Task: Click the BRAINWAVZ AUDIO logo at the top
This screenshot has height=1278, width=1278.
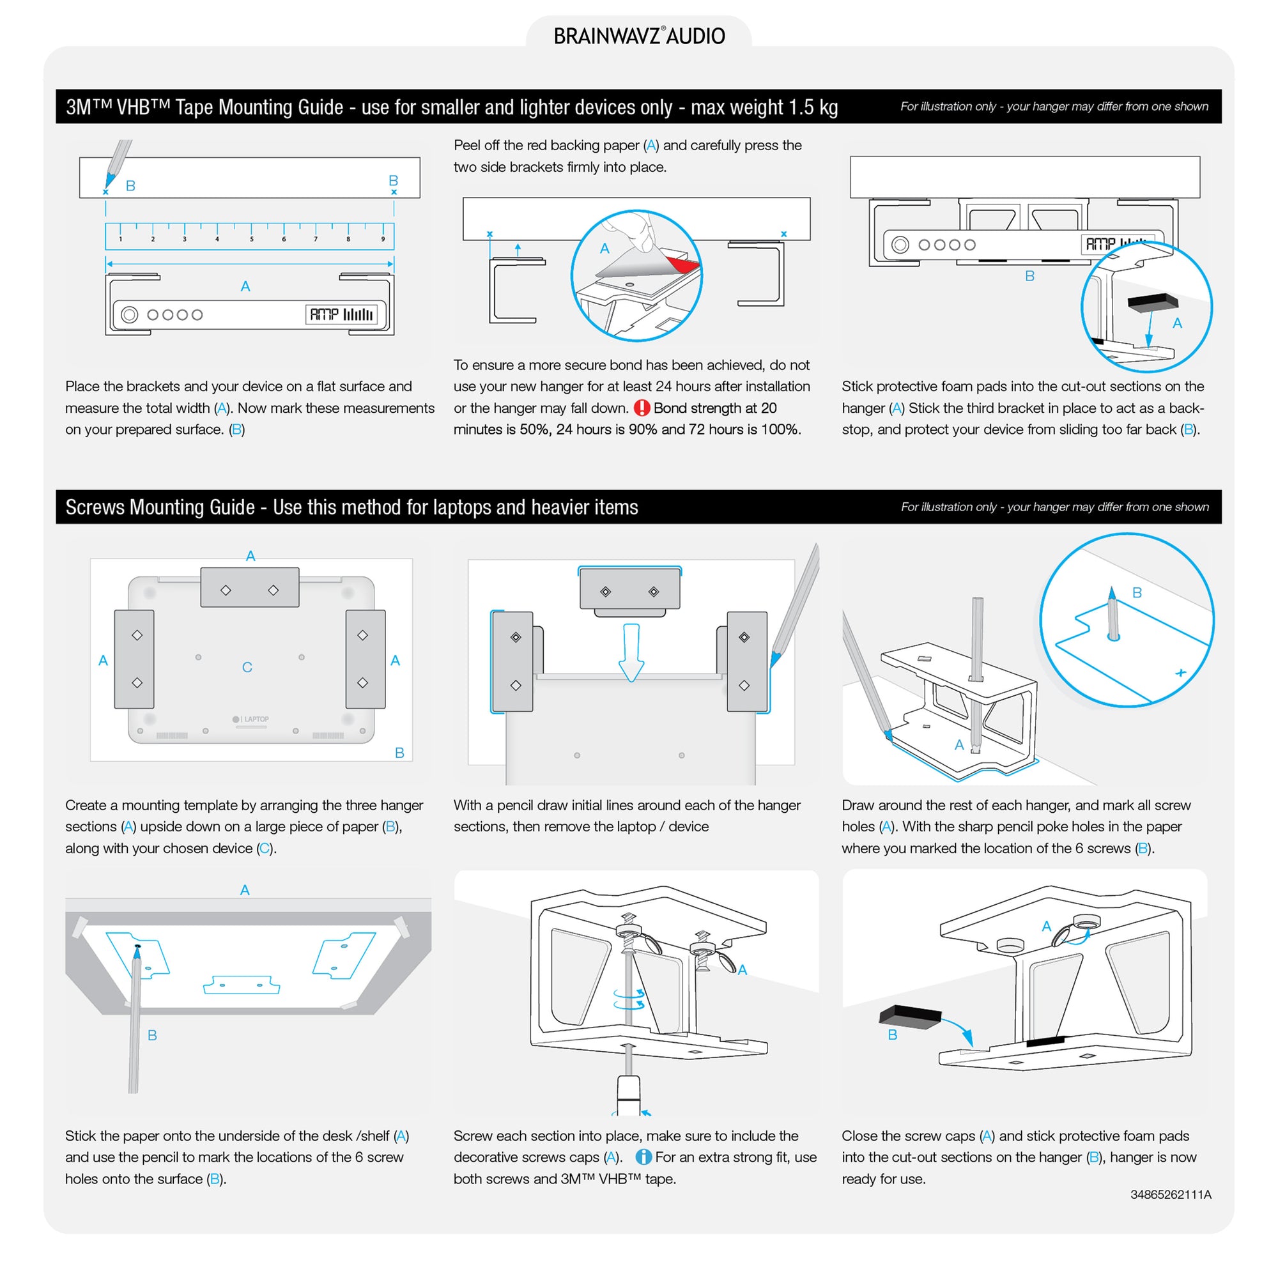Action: pos(639,36)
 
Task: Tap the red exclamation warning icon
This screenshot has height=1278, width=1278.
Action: pos(642,408)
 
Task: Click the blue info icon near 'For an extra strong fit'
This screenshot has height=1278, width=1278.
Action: pos(643,1157)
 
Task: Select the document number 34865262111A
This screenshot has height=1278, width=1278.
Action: pos(1170,1195)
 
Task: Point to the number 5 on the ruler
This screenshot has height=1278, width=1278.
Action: pos(251,239)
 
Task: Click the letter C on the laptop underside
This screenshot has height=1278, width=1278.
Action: pos(247,666)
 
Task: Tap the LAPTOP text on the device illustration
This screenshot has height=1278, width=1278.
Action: pos(256,719)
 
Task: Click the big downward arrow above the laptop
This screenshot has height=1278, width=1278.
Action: pos(631,652)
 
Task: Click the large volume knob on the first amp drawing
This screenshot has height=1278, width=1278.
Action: pos(130,315)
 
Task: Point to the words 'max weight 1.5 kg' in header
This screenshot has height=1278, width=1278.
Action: pos(764,107)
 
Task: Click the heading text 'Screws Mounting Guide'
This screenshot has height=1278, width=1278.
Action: pos(160,507)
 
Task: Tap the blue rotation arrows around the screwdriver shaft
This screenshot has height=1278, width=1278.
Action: pos(628,999)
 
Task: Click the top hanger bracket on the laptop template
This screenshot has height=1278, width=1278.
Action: pos(249,587)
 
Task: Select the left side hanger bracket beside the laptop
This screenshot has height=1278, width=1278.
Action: pos(134,659)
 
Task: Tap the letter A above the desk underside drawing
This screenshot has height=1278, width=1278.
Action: pos(245,889)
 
